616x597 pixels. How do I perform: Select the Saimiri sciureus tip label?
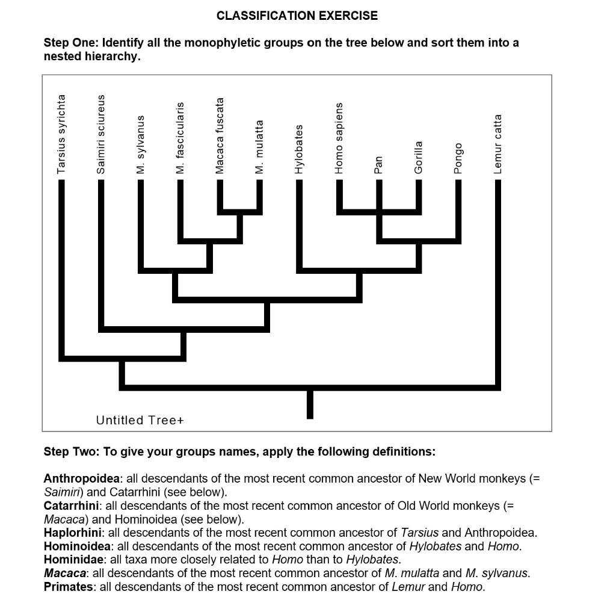coord(101,134)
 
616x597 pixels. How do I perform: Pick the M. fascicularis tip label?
coord(180,138)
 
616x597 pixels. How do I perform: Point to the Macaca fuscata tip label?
coord(220,136)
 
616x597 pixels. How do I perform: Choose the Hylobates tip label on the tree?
coord(299,149)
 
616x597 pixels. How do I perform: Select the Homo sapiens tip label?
coord(339,138)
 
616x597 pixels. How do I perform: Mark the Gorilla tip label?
coord(419,158)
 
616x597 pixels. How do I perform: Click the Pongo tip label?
coord(458,159)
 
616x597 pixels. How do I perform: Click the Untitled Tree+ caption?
coord(140,420)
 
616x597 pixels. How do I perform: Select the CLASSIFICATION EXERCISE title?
coord(297,16)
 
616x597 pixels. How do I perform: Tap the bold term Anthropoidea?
coord(82,478)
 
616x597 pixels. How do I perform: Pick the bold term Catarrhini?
coord(71,506)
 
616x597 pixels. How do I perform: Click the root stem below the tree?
coord(310,404)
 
